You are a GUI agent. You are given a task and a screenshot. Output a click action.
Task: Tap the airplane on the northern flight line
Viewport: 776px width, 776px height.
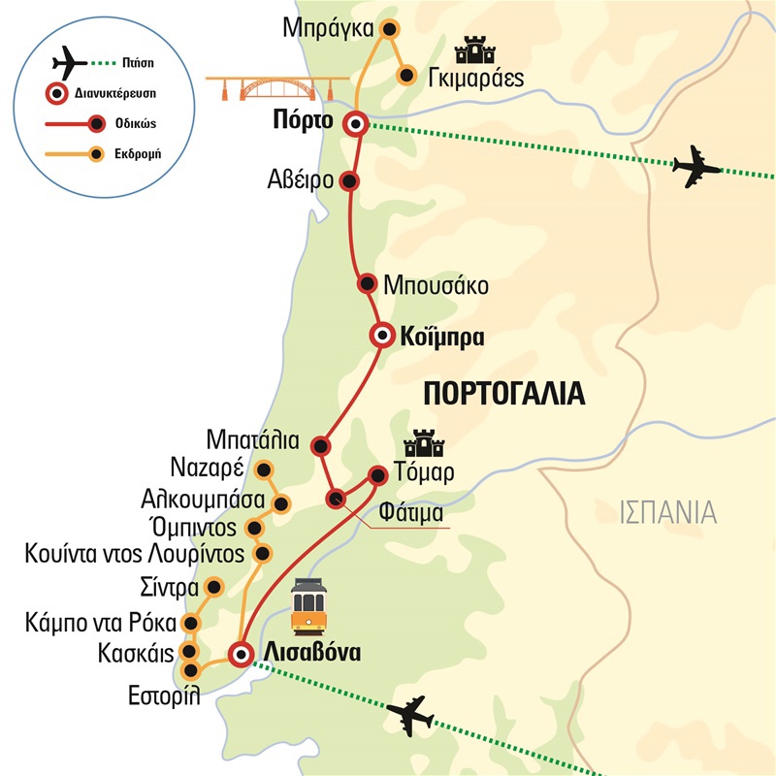[x=696, y=166]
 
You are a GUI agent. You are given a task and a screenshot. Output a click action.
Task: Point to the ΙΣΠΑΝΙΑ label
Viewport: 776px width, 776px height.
[x=668, y=510]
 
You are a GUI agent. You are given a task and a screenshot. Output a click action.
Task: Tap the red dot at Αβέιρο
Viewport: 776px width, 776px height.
[x=351, y=180]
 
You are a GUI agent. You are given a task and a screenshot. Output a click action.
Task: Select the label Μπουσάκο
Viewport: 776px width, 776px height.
[x=435, y=287]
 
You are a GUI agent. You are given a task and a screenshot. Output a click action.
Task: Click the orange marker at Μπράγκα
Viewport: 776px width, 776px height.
[x=390, y=29]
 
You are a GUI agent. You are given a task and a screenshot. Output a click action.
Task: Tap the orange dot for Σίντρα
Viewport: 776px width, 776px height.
[x=215, y=587]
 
